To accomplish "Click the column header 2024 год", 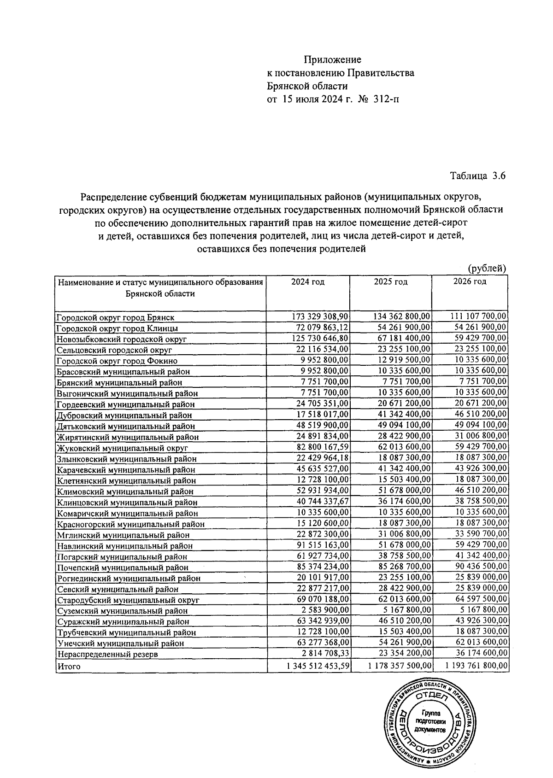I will pos(308,282).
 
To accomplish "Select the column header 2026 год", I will pos(470,282).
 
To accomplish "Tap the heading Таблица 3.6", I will pos(478,175).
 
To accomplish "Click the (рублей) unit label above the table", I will pos(487,268).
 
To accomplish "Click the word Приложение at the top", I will pos(332,59).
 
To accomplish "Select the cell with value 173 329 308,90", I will pos(321,316).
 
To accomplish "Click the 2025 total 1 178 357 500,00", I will pos(400,666).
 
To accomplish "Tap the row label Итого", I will pos(68,666).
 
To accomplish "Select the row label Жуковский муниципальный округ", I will pos(122,448).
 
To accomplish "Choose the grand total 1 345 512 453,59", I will pos(317,666).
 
